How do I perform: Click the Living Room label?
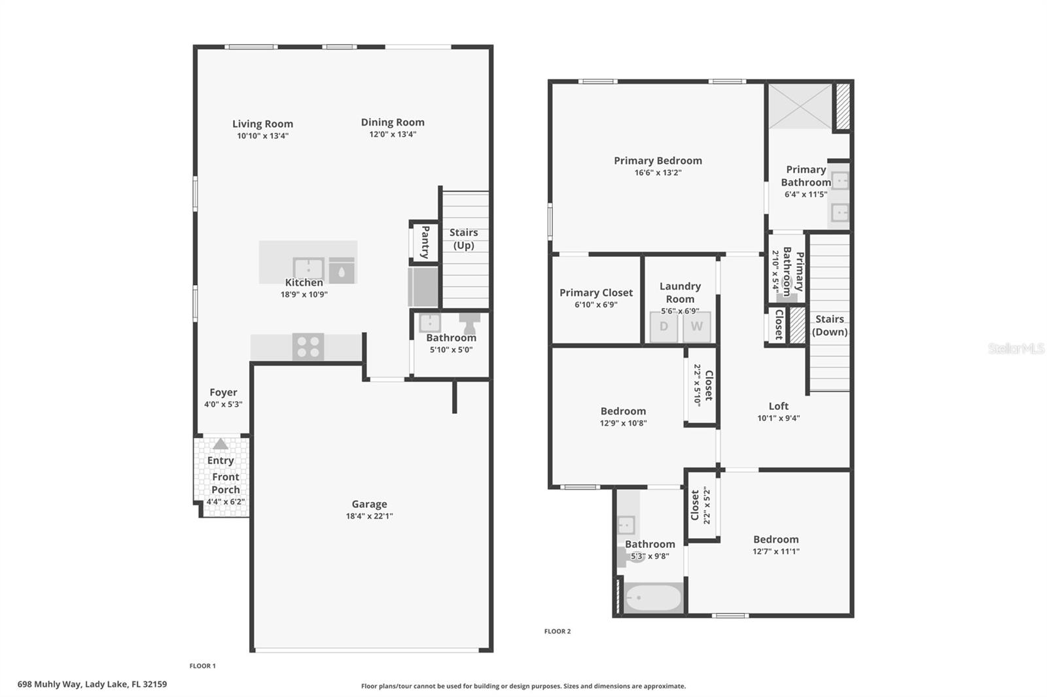coord(262,124)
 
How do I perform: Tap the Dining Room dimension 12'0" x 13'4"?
coord(393,134)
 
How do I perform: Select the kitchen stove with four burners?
coord(308,347)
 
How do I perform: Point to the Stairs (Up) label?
coord(463,239)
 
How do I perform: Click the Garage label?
coord(369,503)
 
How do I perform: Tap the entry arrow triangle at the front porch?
coord(221,444)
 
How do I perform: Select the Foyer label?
coord(223,392)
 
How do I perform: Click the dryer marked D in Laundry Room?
coord(664,326)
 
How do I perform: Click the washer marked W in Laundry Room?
coord(697,326)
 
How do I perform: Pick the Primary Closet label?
coord(595,292)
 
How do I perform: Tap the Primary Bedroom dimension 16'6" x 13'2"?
coord(658,173)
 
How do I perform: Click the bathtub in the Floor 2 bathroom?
coord(652,598)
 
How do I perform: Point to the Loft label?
coord(779,406)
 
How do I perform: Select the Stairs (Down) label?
coord(830,325)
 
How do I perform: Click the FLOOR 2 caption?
coord(558,631)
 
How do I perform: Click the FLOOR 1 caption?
coord(202,666)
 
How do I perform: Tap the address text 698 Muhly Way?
coord(92,684)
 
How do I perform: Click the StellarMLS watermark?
coord(1016,348)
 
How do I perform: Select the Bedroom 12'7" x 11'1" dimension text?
coord(776,551)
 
